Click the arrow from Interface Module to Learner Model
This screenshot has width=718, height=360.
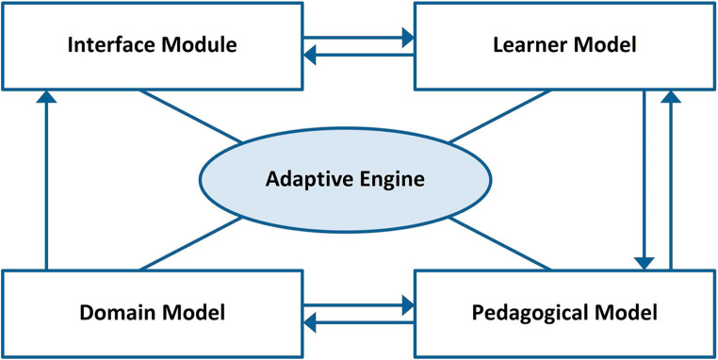coord(358,38)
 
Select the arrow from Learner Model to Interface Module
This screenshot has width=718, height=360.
coord(358,56)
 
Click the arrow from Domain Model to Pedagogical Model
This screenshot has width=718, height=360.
coord(358,305)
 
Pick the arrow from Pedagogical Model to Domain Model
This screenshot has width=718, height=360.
coord(358,323)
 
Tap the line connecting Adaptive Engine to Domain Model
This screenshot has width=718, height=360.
coord(192,242)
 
